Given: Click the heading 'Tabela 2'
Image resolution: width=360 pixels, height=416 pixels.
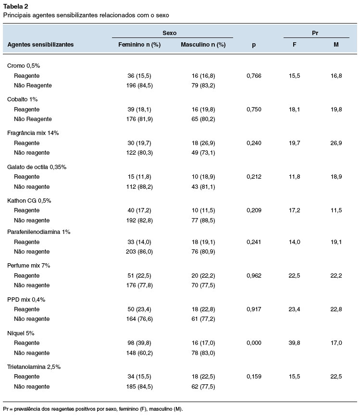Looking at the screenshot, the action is click(16, 6).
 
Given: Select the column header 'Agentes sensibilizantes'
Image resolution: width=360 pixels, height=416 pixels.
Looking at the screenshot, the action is click(40, 45).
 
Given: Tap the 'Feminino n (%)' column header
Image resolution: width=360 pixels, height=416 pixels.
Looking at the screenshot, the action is click(139, 45).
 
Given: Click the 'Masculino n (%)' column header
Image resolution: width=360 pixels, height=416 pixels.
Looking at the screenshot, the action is click(203, 45).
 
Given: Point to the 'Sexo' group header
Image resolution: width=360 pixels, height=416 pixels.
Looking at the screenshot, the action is click(169, 33).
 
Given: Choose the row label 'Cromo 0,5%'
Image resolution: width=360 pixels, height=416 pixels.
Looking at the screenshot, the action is click(24, 65).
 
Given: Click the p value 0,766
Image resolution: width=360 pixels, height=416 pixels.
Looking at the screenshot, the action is click(254, 76).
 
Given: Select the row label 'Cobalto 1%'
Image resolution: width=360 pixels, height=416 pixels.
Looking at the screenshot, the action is click(22, 99).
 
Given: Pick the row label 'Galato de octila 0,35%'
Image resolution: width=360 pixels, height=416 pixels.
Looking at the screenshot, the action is click(37, 167).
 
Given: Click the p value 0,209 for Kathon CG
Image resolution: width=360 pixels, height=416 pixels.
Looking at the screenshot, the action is click(254, 210).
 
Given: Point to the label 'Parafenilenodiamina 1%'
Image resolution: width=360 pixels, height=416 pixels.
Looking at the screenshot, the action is click(39, 232).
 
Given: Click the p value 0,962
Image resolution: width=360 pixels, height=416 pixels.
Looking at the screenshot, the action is click(254, 276).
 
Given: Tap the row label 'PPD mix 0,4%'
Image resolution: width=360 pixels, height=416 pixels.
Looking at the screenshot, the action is click(26, 300).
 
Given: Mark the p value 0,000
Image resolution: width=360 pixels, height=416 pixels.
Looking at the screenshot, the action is click(254, 343).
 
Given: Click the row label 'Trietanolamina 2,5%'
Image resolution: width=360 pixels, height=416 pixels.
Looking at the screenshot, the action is click(34, 367).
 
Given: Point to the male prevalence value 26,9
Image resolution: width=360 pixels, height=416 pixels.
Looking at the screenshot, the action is click(336, 143).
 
